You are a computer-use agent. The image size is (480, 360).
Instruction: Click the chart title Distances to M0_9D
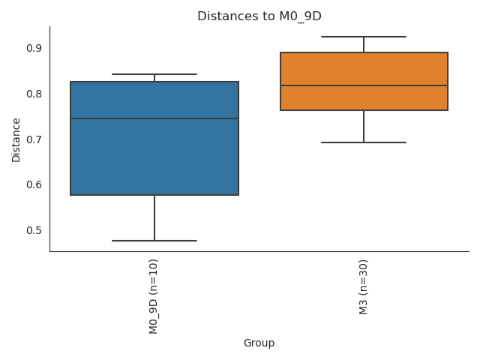259,16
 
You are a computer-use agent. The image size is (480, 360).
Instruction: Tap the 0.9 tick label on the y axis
34,48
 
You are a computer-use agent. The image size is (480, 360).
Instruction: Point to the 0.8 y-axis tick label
34,94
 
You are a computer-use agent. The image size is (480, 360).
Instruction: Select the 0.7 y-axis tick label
34,139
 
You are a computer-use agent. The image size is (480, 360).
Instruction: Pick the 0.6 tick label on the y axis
34,184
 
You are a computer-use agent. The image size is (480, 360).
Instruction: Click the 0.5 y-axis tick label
34,230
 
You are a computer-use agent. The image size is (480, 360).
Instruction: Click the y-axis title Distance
16,139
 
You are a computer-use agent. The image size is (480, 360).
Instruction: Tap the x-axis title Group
259,343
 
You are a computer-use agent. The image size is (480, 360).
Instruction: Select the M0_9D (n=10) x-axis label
154,296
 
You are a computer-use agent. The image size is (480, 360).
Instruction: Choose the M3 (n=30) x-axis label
364,286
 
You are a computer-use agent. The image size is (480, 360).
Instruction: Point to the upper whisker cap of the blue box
154,74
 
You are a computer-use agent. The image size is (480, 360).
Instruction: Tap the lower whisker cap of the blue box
154,241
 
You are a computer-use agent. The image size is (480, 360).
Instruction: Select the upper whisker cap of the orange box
364,37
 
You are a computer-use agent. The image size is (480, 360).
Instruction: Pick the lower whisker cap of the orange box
364,142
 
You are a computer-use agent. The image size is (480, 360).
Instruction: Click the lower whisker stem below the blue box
154,218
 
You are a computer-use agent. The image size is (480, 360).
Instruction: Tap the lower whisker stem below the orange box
364,127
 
